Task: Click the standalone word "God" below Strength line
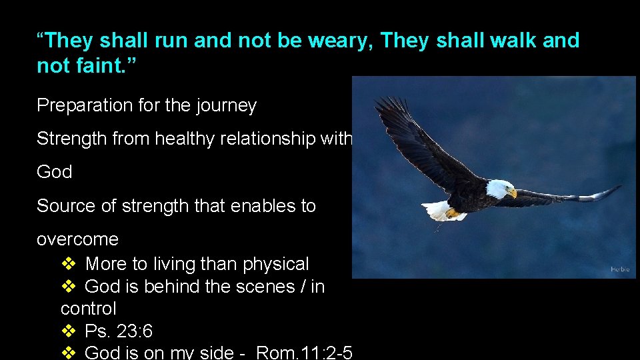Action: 54,172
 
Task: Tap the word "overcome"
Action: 77,239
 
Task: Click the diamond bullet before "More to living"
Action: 69,264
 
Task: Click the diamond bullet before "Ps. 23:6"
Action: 69,331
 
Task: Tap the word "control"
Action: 88,309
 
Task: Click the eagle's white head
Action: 499,189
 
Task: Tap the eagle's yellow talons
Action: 454,213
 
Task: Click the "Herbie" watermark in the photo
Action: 619,269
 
